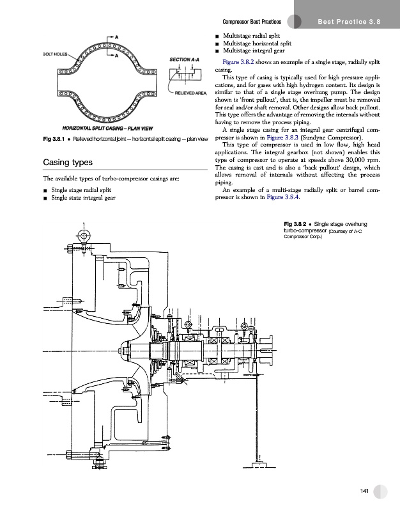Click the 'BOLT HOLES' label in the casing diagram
point(55,54)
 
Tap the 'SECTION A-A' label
point(184,60)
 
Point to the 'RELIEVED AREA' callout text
point(190,93)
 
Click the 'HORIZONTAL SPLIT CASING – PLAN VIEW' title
point(107,129)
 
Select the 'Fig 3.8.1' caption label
point(54,139)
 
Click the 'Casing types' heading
point(68,163)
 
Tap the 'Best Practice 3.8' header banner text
point(349,22)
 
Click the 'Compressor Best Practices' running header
point(252,22)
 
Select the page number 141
point(364,491)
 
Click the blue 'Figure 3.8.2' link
point(238,62)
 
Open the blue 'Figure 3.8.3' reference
point(282,138)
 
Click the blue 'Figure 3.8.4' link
point(282,197)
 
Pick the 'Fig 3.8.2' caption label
point(295,224)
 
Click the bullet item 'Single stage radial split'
point(81,190)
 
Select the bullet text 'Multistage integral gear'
point(254,51)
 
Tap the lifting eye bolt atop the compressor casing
point(84,236)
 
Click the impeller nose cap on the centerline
point(123,351)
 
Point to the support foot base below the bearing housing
point(259,465)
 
